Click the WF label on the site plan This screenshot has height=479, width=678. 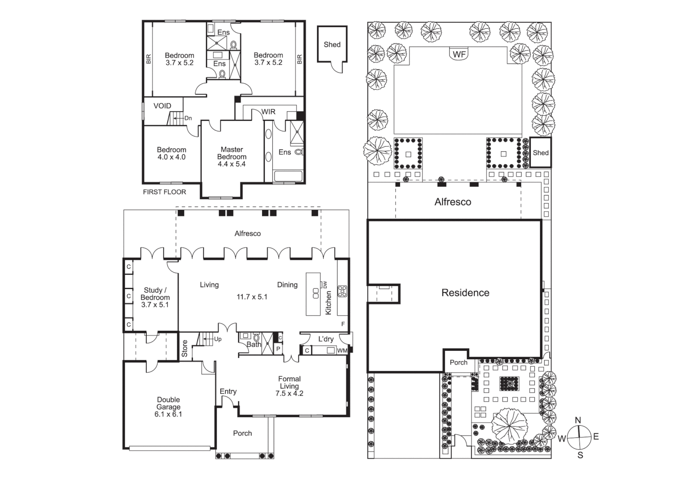point(459,54)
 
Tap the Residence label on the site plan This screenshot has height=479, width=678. point(465,293)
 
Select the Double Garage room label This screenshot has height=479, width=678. point(169,407)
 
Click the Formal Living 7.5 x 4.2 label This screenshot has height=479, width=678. point(289,386)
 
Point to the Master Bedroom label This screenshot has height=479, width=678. point(231,157)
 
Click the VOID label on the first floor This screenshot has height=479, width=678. point(162,106)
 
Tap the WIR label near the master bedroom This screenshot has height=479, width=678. point(268,112)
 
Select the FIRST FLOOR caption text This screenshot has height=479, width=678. point(165,192)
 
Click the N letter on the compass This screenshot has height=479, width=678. point(578,420)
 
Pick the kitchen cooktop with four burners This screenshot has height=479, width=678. point(342,291)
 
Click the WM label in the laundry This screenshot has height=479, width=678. point(342,351)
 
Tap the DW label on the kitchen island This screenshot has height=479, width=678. point(325,284)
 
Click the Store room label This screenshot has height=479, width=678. point(185,349)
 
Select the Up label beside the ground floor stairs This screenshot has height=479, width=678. point(218,339)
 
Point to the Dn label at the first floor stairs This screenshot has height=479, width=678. point(188,118)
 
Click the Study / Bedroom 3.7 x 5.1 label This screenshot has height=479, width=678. point(155,298)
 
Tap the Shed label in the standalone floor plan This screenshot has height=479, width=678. point(332,44)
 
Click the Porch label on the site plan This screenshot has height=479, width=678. point(459,362)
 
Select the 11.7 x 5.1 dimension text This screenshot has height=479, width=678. point(252,297)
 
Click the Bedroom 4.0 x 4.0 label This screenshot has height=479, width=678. point(171,153)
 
